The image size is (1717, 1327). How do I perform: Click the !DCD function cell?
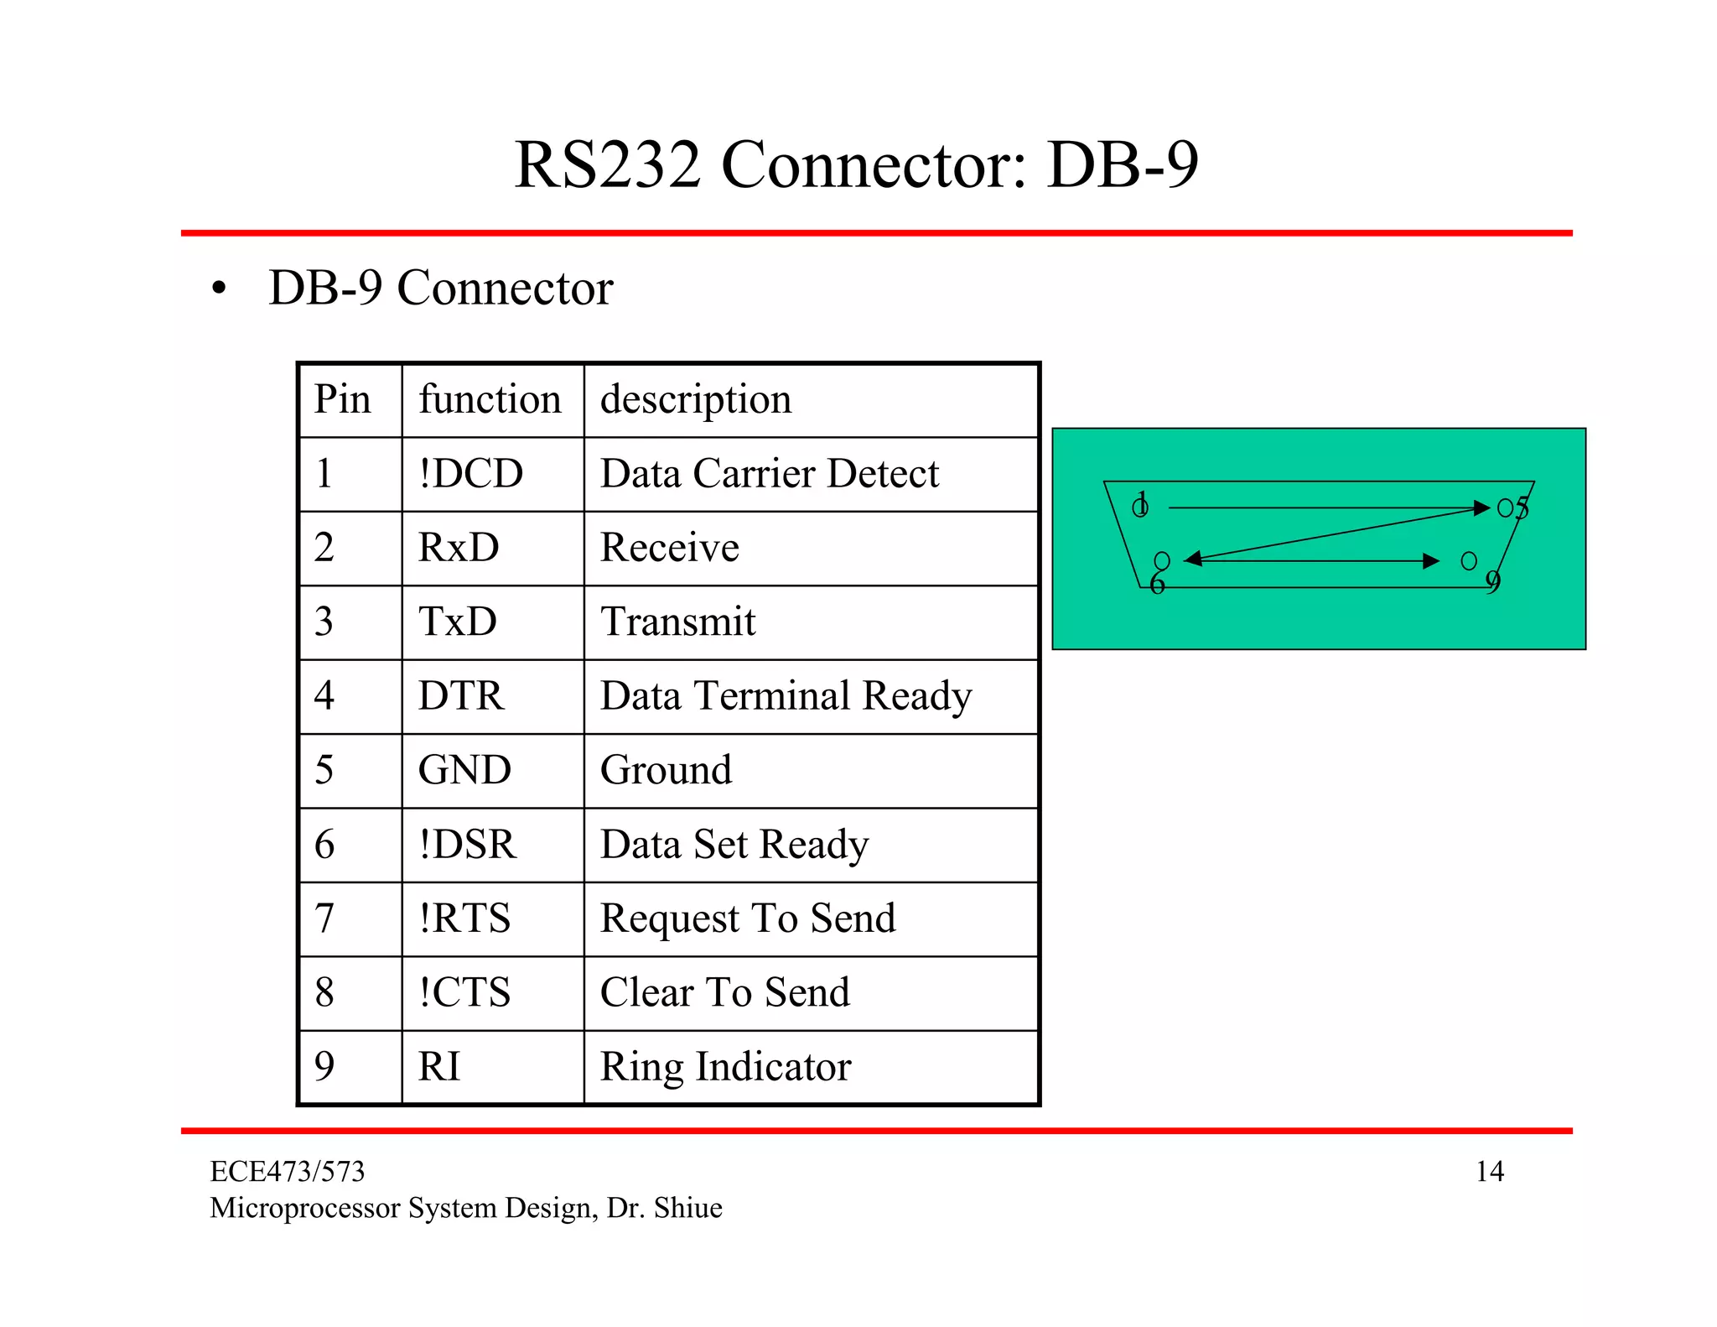click(471, 474)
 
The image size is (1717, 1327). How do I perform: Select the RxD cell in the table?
click(459, 548)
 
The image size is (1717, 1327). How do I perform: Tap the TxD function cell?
click(458, 622)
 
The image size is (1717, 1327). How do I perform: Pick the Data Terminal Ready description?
click(786, 696)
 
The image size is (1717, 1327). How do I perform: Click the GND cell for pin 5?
click(464, 770)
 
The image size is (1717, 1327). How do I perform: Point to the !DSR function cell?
click(467, 845)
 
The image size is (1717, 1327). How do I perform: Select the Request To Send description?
click(748, 918)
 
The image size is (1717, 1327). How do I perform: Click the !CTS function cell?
click(464, 992)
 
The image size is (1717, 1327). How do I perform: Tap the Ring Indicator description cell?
click(725, 1067)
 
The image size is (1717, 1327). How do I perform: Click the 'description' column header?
click(696, 399)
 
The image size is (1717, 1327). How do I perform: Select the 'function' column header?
click(490, 399)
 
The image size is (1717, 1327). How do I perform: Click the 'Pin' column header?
click(342, 399)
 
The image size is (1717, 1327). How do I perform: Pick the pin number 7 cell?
click(324, 918)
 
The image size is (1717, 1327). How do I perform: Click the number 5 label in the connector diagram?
click(1522, 507)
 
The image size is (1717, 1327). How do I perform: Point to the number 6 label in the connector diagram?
click(1157, 584)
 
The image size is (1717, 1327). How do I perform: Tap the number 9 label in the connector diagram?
click(1493, 581)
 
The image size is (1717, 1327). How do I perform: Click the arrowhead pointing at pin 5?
click(1481, 507)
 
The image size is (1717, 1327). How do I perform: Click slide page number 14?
click(1489, 1171)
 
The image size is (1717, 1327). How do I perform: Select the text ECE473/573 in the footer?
click(287, 1171)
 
